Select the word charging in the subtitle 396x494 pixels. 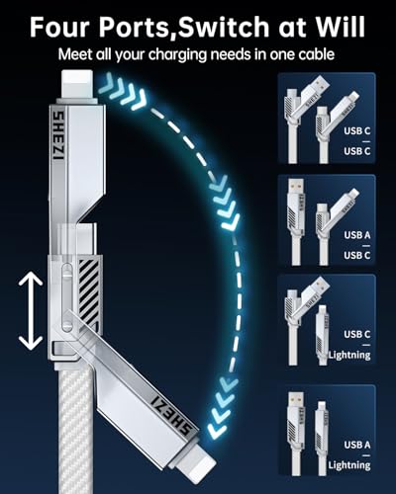(x=177, y=55)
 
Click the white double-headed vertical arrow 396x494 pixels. (x=31, y=312)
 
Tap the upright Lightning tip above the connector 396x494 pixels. (x=77, y=83)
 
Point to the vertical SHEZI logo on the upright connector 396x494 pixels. (x=58, y=134)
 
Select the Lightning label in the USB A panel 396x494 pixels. (x=349, y=465)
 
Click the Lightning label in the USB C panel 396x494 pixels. (x=349, y=355)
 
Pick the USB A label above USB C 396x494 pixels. (x=357, y=235)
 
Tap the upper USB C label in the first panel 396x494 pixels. (x=357, y=130)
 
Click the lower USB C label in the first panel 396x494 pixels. (x=357, y=151)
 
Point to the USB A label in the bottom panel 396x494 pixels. (x=357, y=445)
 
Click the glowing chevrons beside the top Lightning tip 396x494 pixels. (x=122, y=91)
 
